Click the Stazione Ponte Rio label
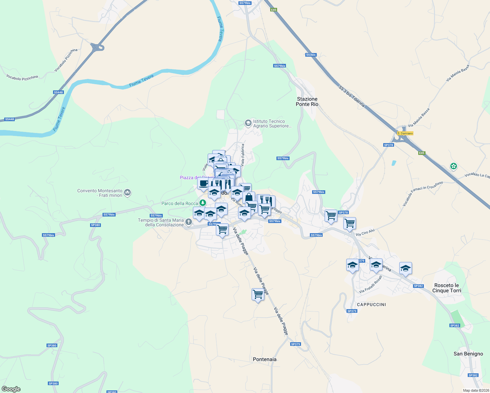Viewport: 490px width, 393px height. [307, 102]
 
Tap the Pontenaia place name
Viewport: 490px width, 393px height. [265, 359]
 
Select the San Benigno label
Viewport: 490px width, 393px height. [468, 354]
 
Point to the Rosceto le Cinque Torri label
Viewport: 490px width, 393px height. [446, 288]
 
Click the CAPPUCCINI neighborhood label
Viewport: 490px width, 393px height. [371, 305]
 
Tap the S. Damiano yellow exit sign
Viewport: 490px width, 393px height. [405, 133]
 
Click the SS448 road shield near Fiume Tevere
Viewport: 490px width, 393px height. [58, 92]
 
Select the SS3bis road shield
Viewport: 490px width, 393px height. [311, 55]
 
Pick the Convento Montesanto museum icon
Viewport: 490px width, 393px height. [128, 193]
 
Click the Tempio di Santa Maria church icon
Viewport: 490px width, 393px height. [189, 222]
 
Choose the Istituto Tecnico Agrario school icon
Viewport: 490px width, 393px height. [248, 123]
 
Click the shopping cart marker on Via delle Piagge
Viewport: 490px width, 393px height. [258, 294]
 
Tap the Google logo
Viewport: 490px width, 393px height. [11, 389]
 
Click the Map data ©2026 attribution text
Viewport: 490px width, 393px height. [476, 390]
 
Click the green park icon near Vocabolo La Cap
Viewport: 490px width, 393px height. [454, 166]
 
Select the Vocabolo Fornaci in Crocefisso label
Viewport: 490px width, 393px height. [423, 194]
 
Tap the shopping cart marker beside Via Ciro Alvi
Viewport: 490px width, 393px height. [349, 223]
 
